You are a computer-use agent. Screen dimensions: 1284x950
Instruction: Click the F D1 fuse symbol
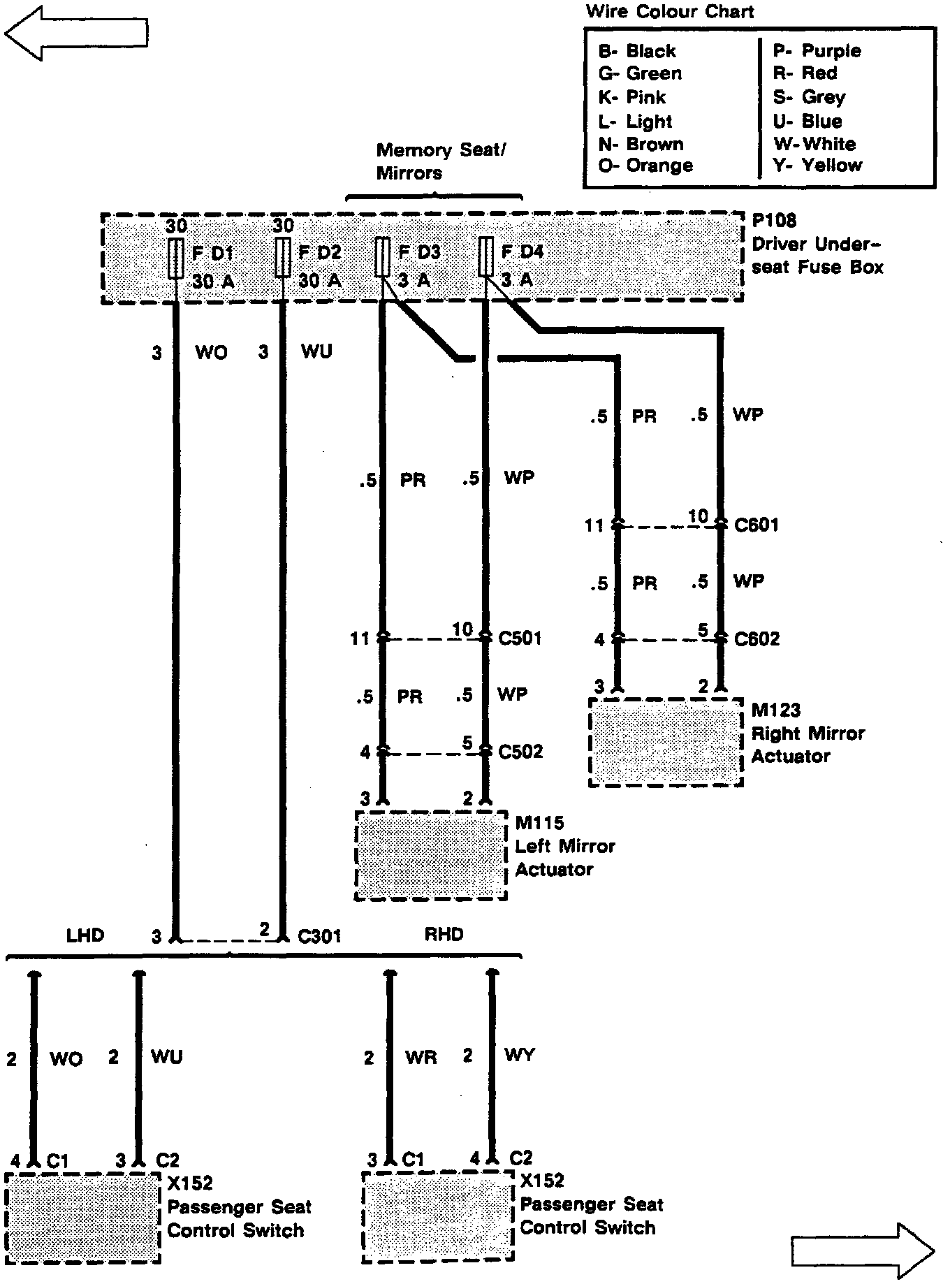[176, 258]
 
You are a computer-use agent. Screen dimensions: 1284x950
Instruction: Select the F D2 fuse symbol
[282, 257]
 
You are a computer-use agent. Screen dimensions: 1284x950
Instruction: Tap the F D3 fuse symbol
[382, 257]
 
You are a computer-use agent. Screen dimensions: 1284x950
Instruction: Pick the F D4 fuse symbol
[485, 257]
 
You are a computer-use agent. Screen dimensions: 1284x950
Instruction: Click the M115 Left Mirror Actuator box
[431, 855]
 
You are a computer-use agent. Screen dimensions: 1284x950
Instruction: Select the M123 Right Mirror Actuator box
[666, 742]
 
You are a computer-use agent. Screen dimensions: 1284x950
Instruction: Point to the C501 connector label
[520, 639]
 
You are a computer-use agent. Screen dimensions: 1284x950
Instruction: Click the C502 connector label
[520, 752]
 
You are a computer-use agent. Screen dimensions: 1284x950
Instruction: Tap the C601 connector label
[757, 525]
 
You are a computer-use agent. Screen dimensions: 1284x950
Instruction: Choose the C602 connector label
[757, 639]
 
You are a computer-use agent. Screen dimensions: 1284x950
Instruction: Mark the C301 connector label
[319, 935]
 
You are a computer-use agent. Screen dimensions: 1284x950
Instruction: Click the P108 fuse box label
[774, 221]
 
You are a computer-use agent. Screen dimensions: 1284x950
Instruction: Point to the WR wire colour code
[421, 1057]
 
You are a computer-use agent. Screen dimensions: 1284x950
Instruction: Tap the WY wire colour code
[519, 1055]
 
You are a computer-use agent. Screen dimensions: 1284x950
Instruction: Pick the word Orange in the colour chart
[659, 166]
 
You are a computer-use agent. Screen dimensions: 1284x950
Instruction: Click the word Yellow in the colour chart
[831, 166]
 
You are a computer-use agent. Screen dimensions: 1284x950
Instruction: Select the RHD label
[444, 934]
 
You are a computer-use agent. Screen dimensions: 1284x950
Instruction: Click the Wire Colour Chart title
[670, 11]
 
